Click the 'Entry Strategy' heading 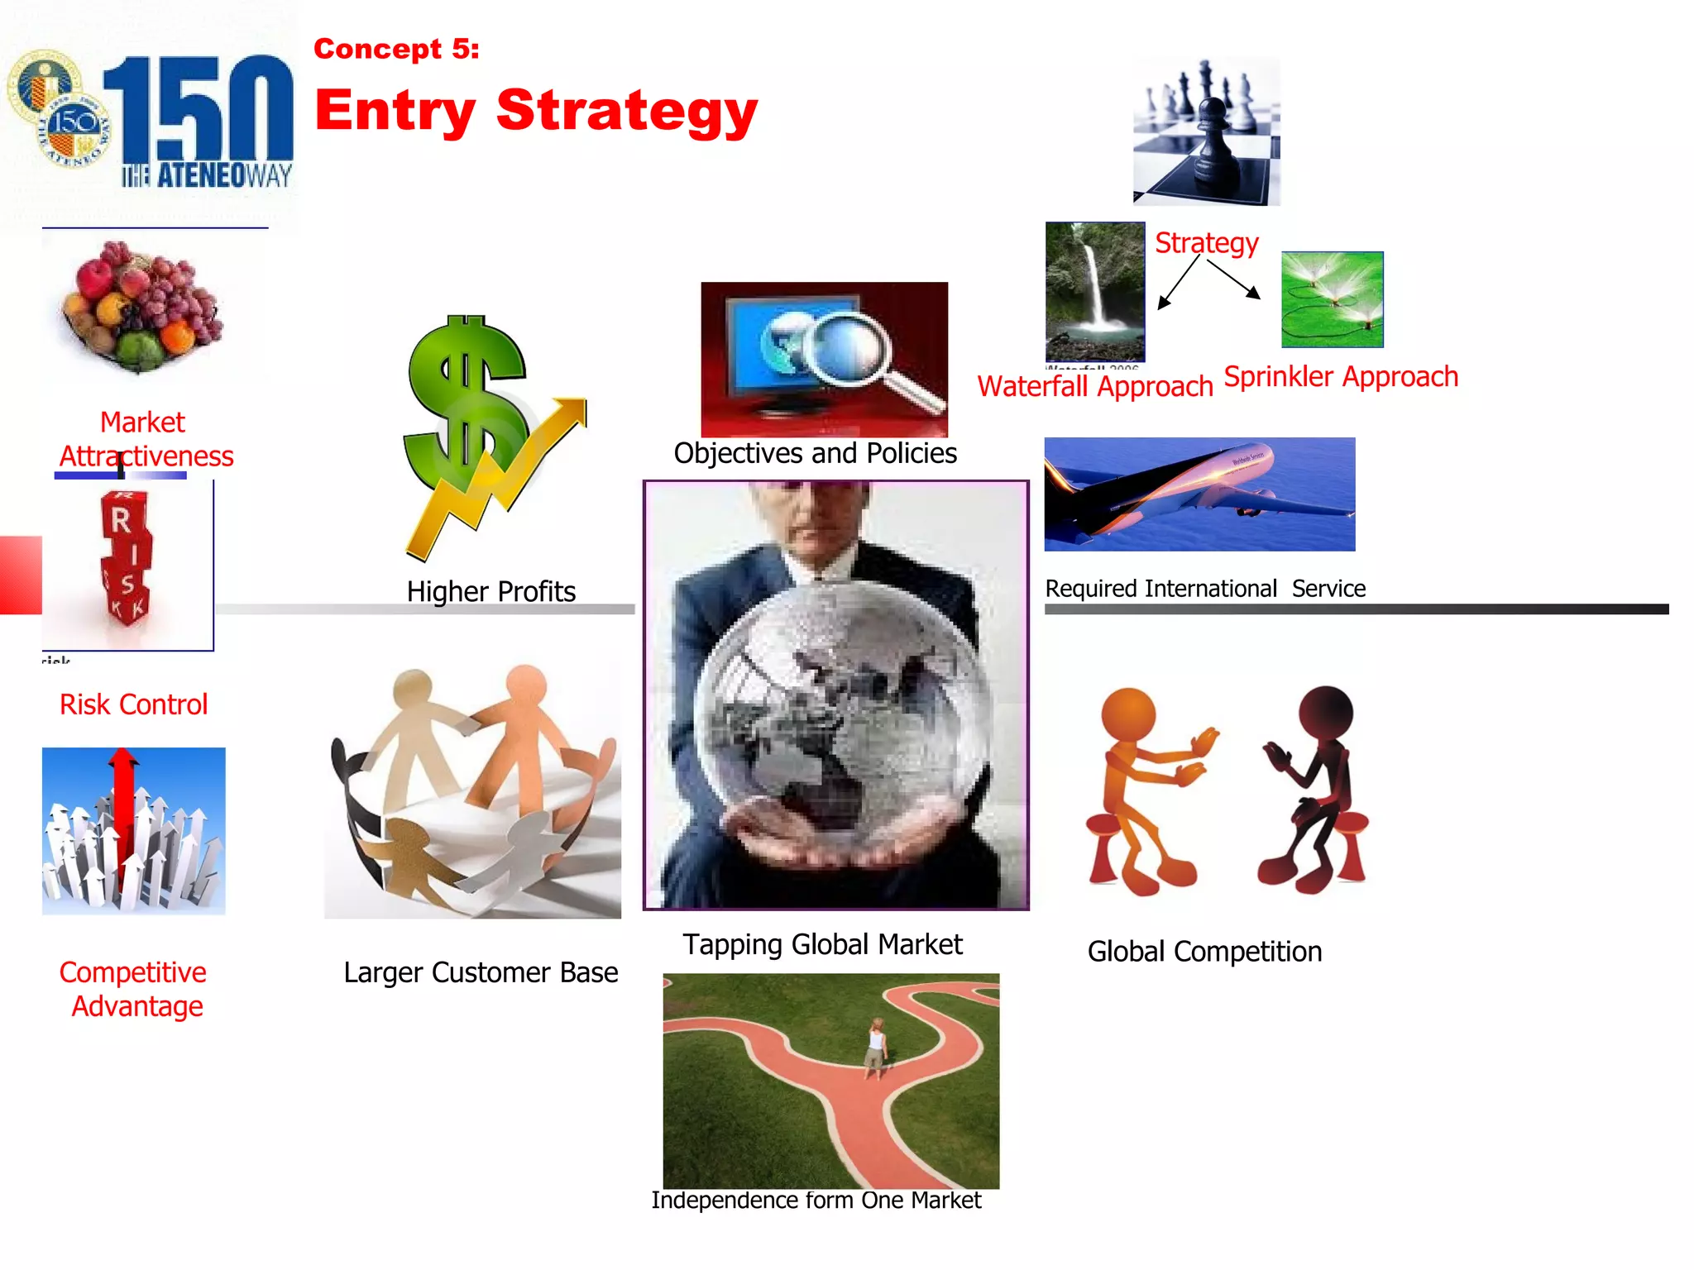point(536,110)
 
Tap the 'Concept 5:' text point(396,49)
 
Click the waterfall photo point(1095,291)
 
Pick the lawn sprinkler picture point(1332,299)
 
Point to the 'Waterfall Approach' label point(1094,386)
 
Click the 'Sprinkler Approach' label point(1340,377)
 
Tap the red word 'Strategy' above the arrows point(1206,243)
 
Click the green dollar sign point(465,397)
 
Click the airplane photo point(1199,494)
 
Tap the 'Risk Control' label point(133,704)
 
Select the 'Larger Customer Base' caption point(481,972)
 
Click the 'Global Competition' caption point(1204,952)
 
